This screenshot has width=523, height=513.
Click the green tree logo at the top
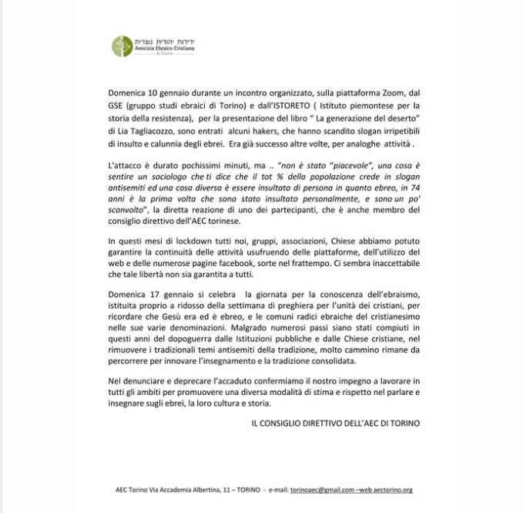[121, 45]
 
